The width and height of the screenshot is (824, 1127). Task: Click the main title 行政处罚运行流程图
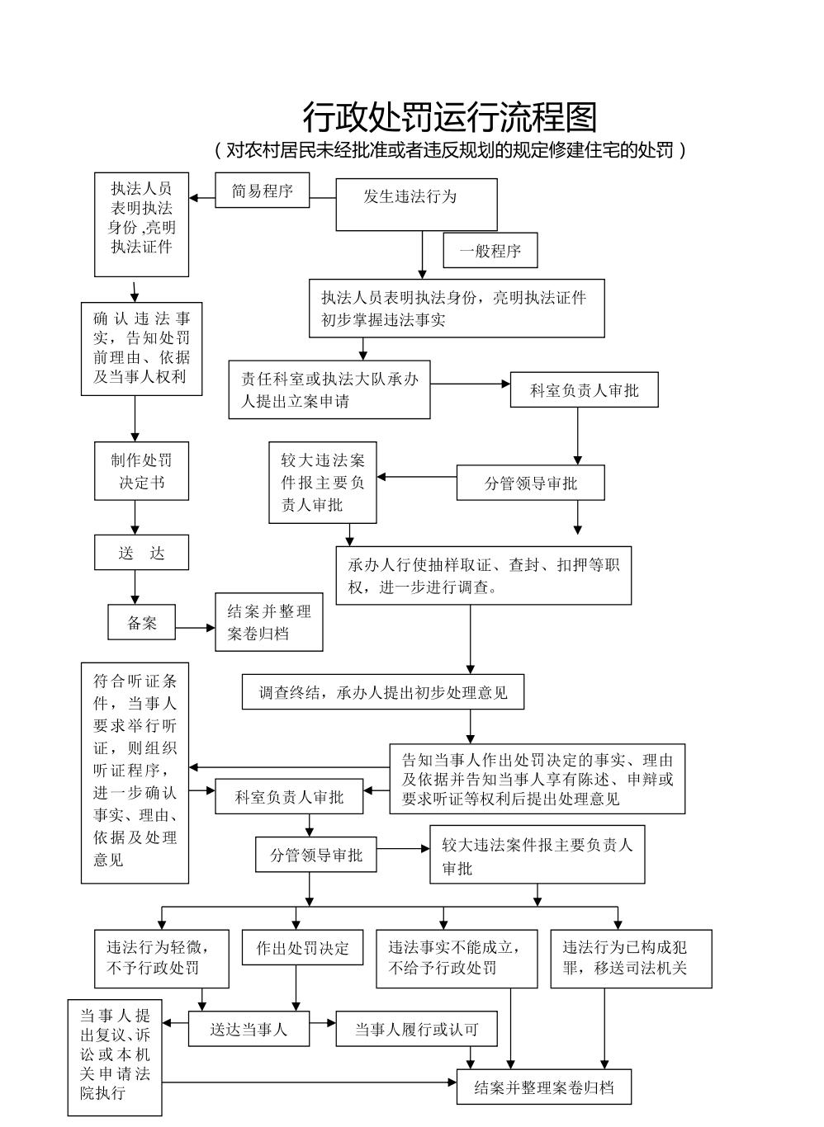pyautogui.click(x=449, y=117)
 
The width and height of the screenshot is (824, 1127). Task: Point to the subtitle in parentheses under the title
pyautogui.click(x=449, y=150)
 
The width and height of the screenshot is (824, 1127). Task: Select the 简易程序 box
pyautogui.click(x=263, y=191)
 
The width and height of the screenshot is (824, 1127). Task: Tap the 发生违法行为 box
pyautogui.click(x=416, y=204)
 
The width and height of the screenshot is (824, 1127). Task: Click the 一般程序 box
pyautogui.click(x=490, y=251)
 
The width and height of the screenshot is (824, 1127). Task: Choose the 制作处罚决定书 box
pyautogui.click(x=141, y=471)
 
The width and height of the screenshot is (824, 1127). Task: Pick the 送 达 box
pyautogui.click(x=141, y=553)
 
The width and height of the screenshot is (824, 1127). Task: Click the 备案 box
pyautogui.click(x=142, y=622)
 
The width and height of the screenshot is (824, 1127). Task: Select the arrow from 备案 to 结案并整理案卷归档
pyautogui.click(x=196, y=628)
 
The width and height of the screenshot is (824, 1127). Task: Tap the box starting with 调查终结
pyautogui.click(x=383, y=692)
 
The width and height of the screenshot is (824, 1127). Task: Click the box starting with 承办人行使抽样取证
pyautogui.click(x=483, y=575)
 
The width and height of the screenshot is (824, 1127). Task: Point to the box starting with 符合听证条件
pyautogui.click(x=135, y=772)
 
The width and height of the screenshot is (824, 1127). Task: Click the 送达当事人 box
pyautogui.click(x=249, y=1029)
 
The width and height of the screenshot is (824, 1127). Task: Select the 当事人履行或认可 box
pyautogui.click(x=416, y=1029)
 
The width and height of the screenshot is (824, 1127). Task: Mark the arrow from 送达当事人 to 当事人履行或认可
pyautogui.click(x=323, y=1023)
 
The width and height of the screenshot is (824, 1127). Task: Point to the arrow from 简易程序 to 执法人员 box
pyautogui.click(x=202, y=198)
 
